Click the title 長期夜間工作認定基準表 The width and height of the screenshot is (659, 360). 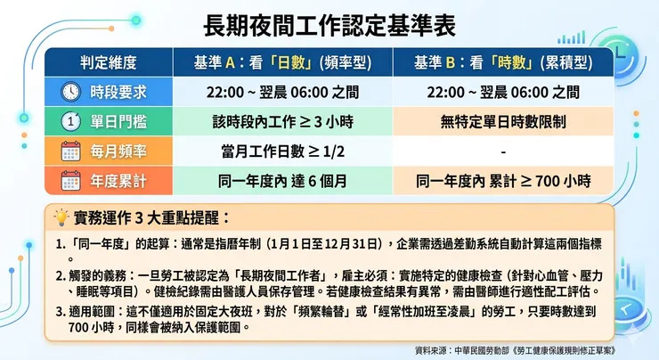(x=329, y=24)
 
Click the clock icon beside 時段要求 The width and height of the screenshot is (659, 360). (x=70, y=92)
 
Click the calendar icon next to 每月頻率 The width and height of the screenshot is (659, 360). (x=70, y=151)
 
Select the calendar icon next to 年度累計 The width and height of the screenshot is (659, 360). (x=70, y=181)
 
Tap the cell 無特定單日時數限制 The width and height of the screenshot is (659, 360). (x=502, y=121)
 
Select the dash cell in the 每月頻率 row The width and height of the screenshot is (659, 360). (x=502, y=151)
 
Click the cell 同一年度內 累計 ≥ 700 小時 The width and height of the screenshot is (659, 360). (x=502, y=181)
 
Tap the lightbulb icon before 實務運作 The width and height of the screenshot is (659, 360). (x=61, y=217)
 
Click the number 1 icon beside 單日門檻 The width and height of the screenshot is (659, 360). (x=70, y=121)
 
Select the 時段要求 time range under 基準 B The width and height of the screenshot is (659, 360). (x=502, y=92)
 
